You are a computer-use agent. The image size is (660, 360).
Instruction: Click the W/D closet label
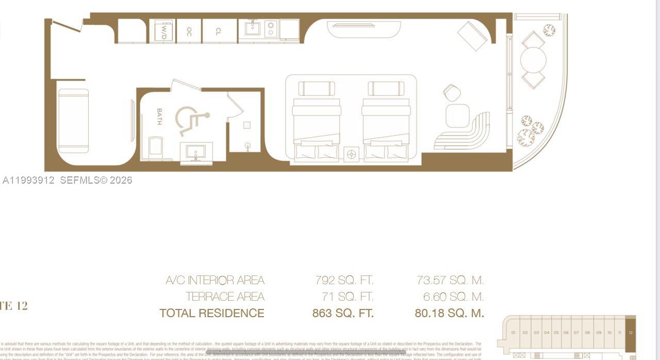point(163,31)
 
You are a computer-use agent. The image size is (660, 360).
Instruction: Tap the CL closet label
point(219,31)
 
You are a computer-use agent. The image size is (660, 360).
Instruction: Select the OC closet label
point(189,31)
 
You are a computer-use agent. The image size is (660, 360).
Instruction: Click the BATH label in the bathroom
point(159,117)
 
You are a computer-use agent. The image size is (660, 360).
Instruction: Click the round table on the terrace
point(533,60)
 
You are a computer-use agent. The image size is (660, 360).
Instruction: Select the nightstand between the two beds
point(352,154)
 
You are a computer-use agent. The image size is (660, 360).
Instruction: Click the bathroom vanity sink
point(196,153)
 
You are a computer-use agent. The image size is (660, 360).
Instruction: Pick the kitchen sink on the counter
point(253,28)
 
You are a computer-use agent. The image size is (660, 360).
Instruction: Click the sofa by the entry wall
point(73,121)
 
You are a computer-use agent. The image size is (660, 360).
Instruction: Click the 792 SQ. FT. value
point(344,281)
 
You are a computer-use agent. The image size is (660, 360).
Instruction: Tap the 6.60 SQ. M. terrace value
point(450,297)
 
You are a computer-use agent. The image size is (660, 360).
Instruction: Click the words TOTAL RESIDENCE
point(212,313)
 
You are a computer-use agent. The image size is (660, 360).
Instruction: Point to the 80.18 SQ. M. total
point(449,313)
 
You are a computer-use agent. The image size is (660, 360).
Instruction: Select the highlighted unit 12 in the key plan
point(630,333)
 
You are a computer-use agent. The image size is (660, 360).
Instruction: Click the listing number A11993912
point(28,180)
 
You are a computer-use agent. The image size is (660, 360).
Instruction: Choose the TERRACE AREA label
point(225,297)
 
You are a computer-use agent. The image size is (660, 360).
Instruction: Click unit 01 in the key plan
point(513,333)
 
